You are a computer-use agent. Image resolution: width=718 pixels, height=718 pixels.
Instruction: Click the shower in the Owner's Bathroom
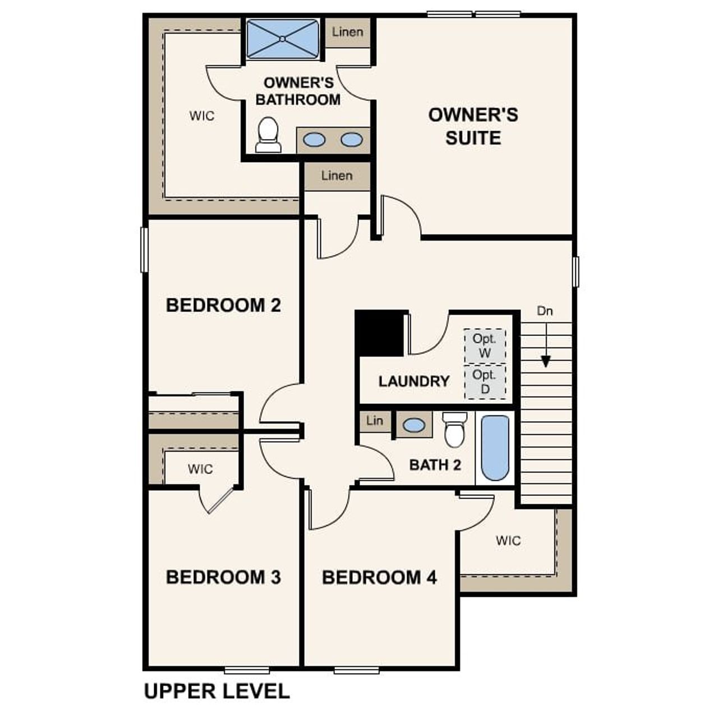click(x=283, y=39)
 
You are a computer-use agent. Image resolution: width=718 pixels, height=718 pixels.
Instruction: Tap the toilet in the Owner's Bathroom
click(x=268, y=135)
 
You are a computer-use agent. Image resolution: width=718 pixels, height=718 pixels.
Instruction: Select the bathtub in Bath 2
click(x=495, y=448)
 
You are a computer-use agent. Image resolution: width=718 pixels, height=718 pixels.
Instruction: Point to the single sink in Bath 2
click(x=414, y=425)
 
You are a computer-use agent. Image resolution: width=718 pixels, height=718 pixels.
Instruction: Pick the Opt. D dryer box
click(x=485, y=381)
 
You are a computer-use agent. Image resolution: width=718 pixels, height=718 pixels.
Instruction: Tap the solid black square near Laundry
click(x=380, y=333)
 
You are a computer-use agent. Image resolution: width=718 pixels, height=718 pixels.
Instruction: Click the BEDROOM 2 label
click(x=223, y=305)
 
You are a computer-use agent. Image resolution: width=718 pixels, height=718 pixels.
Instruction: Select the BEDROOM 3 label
click(x=223, y=577)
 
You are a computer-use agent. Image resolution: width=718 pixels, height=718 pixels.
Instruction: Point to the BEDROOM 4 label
click(x=379, y=577)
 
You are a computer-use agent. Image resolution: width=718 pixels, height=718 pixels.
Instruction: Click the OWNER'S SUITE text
click(x=473, y=126)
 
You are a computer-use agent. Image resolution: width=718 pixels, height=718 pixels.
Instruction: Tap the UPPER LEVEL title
click(x=217, y=691)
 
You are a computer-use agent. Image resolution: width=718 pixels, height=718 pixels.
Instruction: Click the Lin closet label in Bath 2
click(x=375, y=420)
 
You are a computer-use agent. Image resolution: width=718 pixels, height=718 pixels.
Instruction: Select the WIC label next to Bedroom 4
click(x=508, y=541)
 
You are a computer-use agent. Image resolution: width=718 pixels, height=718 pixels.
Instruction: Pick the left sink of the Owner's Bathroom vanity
click(x=314, y=140)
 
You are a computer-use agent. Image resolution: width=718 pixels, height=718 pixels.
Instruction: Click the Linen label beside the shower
click(x=347, y=32)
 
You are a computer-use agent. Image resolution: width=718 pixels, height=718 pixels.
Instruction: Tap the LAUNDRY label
click(x=414, y=381)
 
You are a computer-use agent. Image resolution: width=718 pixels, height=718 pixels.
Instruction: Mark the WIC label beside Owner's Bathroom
click(x=202, y=116)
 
